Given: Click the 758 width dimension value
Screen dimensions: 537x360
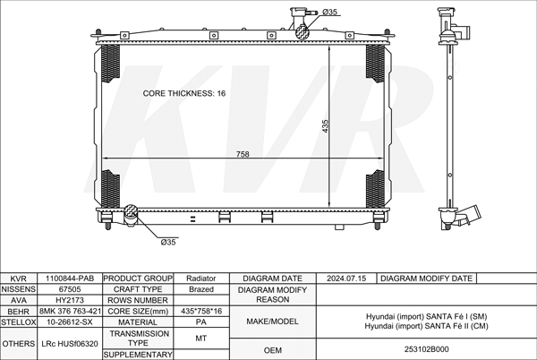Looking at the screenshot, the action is (243, 154).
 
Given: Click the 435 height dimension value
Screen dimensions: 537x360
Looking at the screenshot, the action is (325, 126).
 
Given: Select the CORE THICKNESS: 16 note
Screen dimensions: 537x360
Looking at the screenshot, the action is (184, 93).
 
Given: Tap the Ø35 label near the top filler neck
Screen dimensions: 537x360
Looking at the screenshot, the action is (329, 12).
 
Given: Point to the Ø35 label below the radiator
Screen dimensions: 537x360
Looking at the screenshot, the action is (168, 242).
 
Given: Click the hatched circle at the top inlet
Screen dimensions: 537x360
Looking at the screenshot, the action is (303, 32).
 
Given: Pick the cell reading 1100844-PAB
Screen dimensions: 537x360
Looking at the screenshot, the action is (70, 279).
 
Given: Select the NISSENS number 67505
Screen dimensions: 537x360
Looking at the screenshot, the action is (70, 289).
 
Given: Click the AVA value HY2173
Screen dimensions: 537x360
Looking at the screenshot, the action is (70, 300).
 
